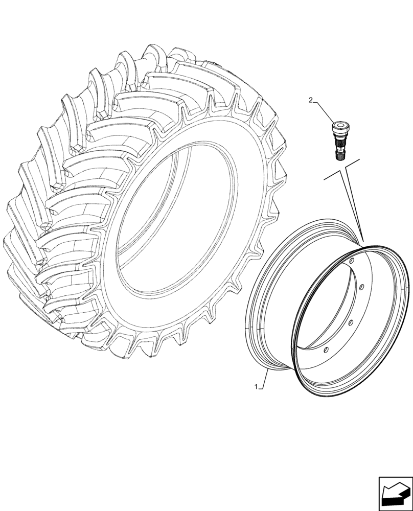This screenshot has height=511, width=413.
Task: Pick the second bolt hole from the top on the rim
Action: point(361,287)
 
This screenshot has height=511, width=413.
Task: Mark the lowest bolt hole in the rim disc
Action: point(326,350)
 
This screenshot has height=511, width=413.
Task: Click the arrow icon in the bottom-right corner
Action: point(394,493)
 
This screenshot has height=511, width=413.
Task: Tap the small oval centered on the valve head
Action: point(339,124)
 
